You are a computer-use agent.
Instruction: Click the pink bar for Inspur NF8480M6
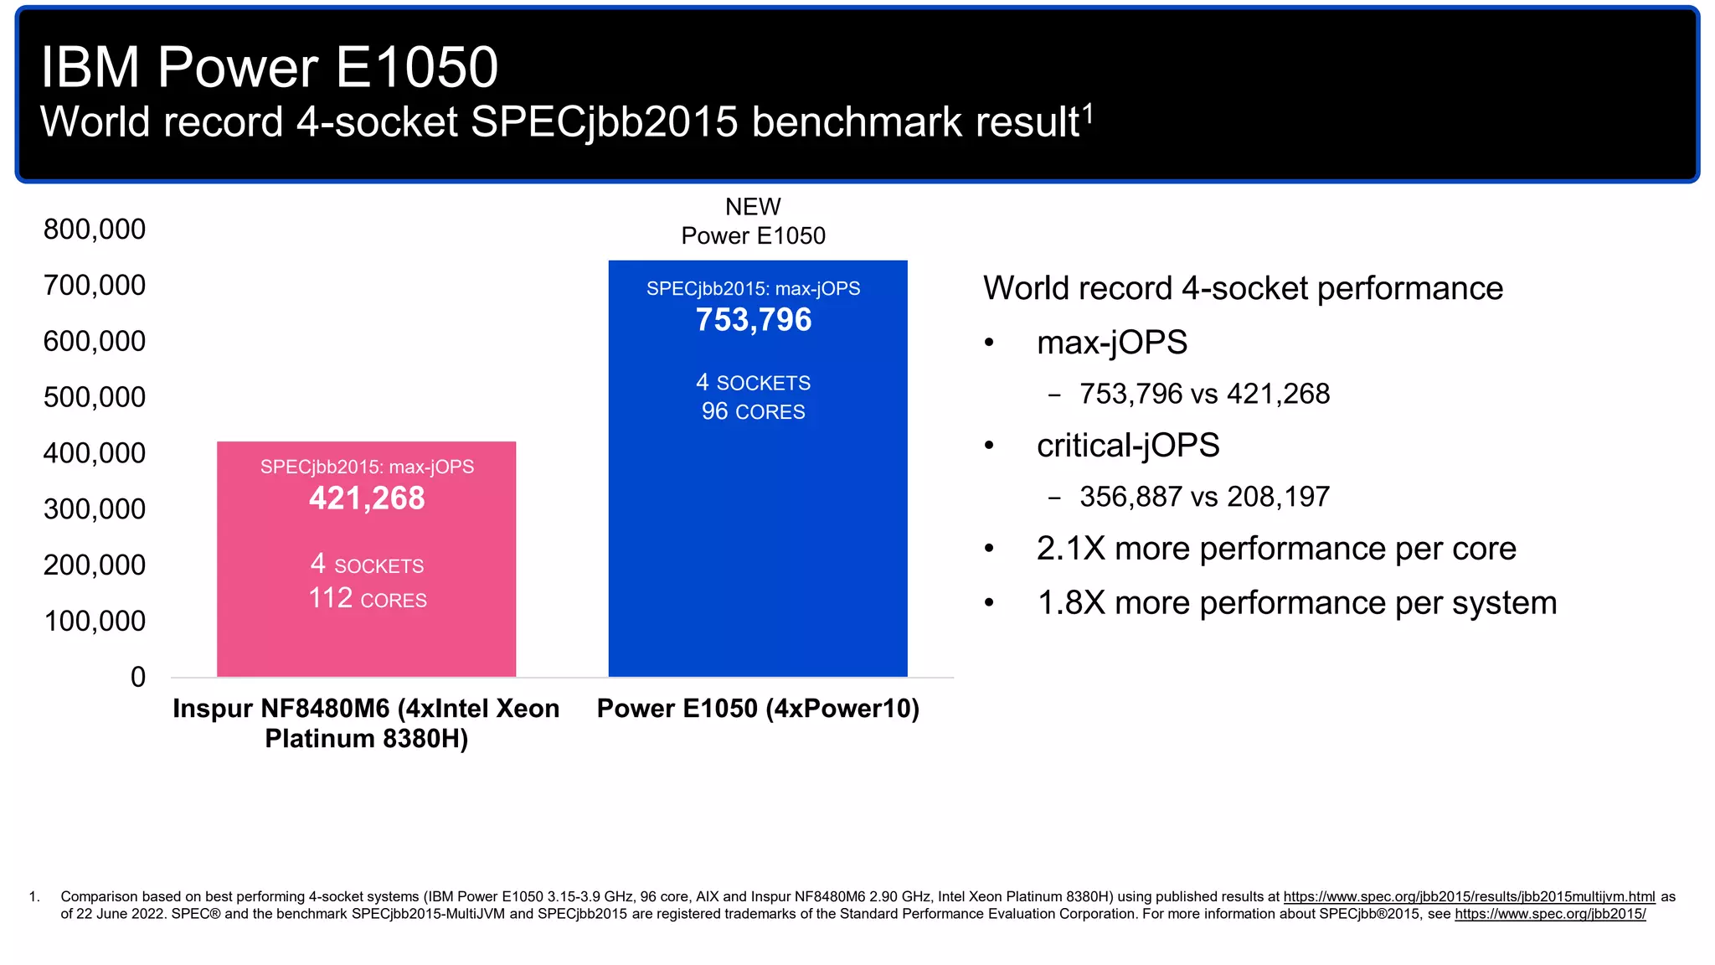366,637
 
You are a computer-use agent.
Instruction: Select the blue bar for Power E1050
757,544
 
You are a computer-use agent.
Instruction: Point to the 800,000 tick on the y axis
95,230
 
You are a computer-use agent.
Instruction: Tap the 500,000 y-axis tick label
95,397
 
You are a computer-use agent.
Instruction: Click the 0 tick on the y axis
138,677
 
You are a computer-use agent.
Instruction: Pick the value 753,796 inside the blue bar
754,320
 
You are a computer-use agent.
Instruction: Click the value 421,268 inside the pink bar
367,498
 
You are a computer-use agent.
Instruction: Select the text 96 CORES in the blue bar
754,411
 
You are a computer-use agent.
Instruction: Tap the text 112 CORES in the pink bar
367,599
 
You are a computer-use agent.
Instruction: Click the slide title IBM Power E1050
269,67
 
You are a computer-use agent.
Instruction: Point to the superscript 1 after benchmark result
1088,112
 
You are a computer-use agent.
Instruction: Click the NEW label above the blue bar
753,207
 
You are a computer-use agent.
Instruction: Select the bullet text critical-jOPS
1127,446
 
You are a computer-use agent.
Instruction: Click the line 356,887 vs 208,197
1203,497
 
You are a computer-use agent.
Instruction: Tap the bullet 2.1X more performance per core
1275,549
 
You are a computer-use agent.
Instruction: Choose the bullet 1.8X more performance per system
1296,603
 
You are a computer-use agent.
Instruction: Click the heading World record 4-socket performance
1243,288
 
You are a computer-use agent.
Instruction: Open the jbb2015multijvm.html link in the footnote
1469,897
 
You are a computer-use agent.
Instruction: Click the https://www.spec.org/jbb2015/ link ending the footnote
1549,914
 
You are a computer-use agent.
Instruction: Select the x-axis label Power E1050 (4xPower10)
758,709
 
